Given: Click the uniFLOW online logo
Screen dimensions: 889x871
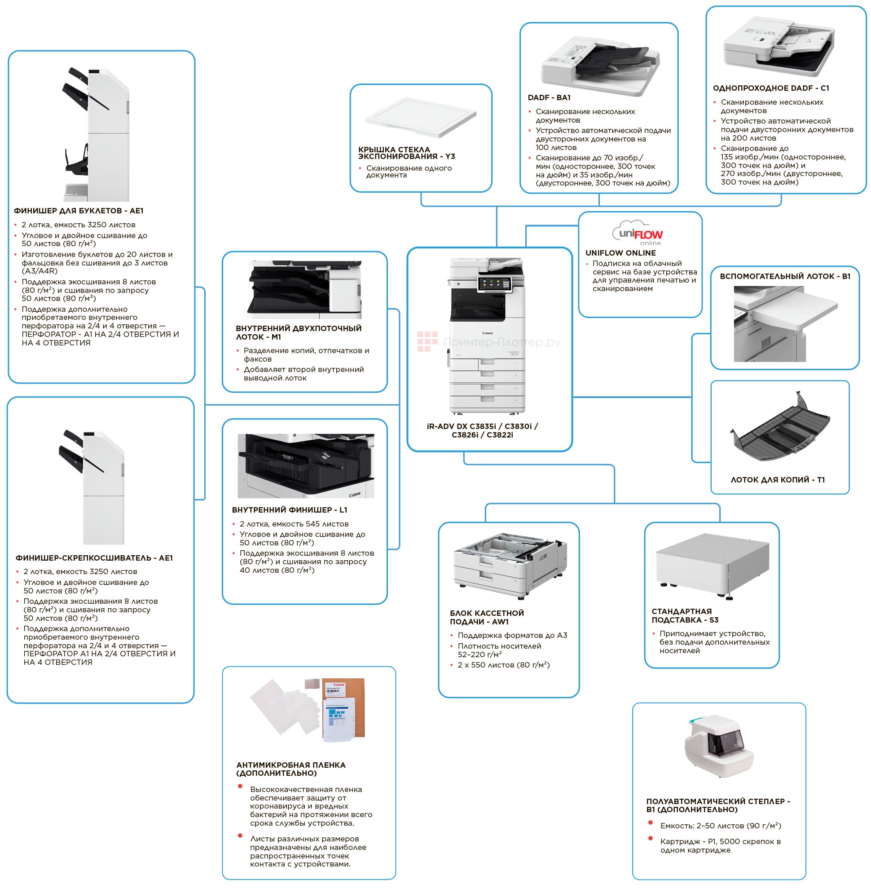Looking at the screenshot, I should click(x=639, y=234).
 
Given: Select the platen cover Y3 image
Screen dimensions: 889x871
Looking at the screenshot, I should click(x=421, y=117).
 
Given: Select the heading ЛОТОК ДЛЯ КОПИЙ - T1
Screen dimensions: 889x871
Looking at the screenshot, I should click(x=777, y=480).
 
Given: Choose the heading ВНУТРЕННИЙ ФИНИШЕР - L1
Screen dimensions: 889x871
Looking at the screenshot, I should click(x=289, y=509).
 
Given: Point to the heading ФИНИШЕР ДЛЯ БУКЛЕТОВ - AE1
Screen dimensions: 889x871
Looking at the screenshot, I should click(x=79, y=211).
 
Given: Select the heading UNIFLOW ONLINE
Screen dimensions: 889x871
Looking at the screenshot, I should click(x=620, y=253).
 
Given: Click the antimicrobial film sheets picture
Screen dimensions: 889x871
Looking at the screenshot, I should click(x=308, y=710).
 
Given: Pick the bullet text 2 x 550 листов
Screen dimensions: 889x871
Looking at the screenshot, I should click(x=503, y=665).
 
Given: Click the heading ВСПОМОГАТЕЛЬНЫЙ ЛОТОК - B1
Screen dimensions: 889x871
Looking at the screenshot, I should click(x=784, y=276).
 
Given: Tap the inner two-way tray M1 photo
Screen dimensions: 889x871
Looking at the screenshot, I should click(x=305, y=290).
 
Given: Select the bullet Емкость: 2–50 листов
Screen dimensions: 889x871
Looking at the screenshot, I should click(x=720, y=826).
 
